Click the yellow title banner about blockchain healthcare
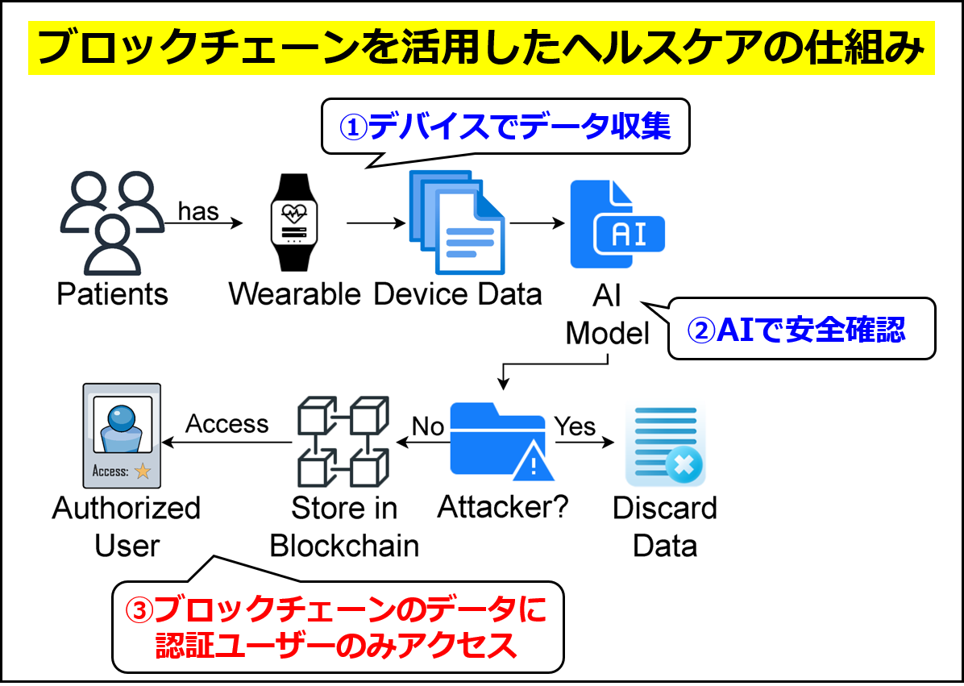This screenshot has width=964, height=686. pos(481,48)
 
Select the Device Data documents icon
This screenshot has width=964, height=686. pos(456,221)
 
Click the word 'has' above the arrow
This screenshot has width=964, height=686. pos(198,211)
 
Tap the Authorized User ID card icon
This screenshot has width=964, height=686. pos(122,436)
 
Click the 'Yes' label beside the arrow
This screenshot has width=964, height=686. pos(575,426)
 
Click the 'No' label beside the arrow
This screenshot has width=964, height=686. pos(428,426)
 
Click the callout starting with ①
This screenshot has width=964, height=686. pos(505,127)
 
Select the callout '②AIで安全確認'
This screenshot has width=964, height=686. pos(800,329)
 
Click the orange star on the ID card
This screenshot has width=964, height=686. pos(143,472)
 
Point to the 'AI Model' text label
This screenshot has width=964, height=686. pos(607,314)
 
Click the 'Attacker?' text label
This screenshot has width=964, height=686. pos(503,507)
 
